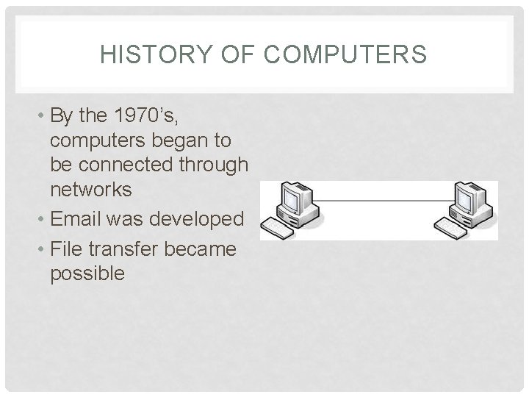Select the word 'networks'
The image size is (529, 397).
click(x=90, y=190)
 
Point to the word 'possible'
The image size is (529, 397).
click(x=87, y=273)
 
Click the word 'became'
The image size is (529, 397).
click(x=201, y=249)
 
